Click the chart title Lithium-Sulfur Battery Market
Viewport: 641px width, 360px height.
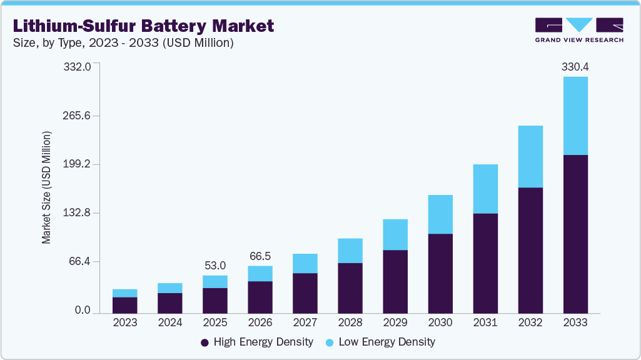pyautogui.click(x=143, y=26)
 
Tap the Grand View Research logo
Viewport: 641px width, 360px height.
pyautogui.click(x=578, y=29)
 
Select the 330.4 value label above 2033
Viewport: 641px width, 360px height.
pyautogui.click(x=575, y=66)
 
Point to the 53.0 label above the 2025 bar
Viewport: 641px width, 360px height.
pyautogui.click(x=215, y=266)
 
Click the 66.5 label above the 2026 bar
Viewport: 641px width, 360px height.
pyautogui.click(x=260, y=256)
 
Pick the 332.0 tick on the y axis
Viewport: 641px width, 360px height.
pyautogui.click(x=78, y=66)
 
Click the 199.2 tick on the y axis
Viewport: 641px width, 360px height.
pyautogui.click(x=78, y=164)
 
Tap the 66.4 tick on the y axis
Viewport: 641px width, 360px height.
pyautogui.click(x=80, y=261)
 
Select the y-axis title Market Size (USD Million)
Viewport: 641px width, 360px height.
pyautogui.click(x=47, y=187)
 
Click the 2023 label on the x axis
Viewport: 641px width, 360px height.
pyautogui.click(x=125, y=322)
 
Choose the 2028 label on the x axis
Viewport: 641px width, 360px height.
pyautogui.click(x=350, y=322)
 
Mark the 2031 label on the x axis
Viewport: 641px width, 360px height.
pyautogui.click(x=485, y=322)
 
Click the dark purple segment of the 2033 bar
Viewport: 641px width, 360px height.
pyautogui.click(x=575, y=234)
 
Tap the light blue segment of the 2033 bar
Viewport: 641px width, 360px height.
pyautogui.click(x=575, y=116)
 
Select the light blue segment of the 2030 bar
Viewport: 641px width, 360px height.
pyautogui.click(x=440, y=214)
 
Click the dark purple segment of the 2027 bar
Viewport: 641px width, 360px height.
pyautogui.click(x=305, y=293)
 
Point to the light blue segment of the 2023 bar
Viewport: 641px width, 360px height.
pyautogui.click(x=125, y=293)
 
